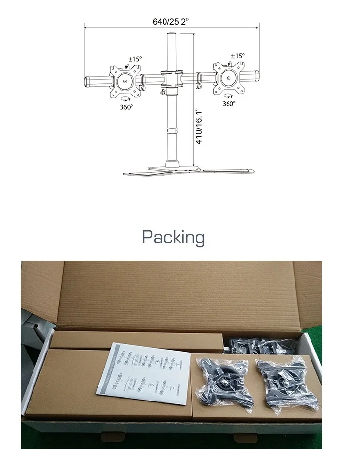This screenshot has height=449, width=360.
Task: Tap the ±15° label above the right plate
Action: coord(237,56)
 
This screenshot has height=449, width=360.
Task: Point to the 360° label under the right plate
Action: coord(229,103)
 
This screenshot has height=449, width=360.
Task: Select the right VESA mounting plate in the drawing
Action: coord(228,78)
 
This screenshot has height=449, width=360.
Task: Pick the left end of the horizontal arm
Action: coord(88,81)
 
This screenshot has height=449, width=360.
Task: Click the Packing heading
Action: coord(173,238)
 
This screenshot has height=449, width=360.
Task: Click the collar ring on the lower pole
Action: coord(171,130)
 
